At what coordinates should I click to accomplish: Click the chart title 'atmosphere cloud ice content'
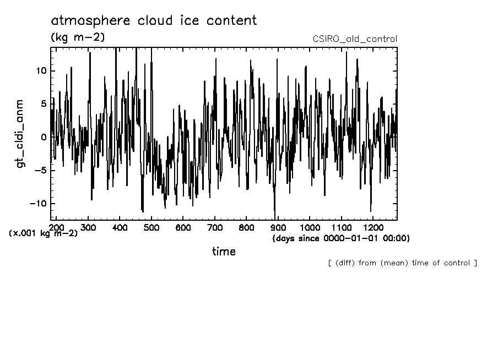[x=154, y=21]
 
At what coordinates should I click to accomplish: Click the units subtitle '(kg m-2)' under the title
[x=77, y=37]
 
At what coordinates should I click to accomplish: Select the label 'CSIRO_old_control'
[x=354, y=39]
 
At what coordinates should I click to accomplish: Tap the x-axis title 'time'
[x=224, y=252]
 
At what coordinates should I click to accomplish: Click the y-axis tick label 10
[x=41, y=71]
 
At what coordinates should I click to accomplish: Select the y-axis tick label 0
[x=44, y=137]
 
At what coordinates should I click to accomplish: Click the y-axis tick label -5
[x=40, y=170]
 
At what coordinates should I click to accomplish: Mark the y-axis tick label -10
[x=37, y=203]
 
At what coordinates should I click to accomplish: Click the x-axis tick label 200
[x=56, y=227]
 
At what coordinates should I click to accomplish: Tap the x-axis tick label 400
[x=120, y=227]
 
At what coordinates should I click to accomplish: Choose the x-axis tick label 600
[x=183, y=227]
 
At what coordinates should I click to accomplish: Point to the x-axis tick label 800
[x=246, y=227]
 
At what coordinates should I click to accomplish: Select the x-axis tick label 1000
[x=310, y=227]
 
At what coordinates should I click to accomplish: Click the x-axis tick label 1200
[x=373, y=227]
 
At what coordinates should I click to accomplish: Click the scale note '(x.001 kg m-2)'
[x=43, y=233]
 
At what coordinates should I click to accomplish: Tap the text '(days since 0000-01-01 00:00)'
[x=341, y=238]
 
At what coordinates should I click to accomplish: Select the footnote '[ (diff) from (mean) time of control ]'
[x=402, y=263]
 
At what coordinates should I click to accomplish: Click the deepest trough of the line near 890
[x=274, y=218]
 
